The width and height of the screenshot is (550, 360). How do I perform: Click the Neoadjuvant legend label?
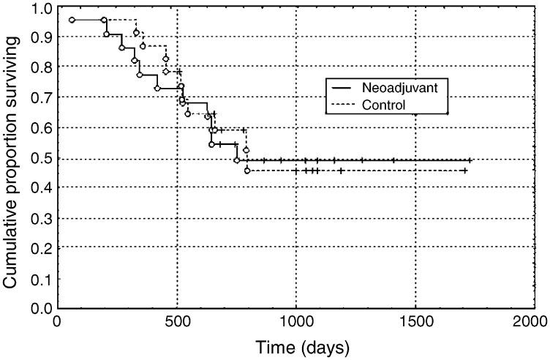coord(399,86)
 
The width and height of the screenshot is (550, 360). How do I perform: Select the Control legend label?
coord(384,105)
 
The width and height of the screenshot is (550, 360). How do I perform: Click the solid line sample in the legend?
coord(344,86)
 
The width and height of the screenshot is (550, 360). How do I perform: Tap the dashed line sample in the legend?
coord(344,105)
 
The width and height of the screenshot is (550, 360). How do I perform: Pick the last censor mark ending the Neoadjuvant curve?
coord(470,160)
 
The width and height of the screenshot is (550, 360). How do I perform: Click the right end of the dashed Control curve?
coord(464,170)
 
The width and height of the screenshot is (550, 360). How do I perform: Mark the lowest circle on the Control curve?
coord(247,170)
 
